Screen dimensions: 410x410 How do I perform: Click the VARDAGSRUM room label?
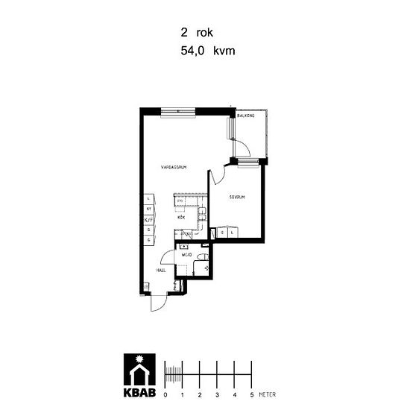[173, 168]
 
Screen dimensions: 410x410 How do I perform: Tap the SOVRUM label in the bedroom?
[238, 198]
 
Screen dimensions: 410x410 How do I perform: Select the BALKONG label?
[247, 116]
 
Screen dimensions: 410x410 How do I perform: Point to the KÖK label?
[181, 218]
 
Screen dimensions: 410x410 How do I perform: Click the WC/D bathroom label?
[188, 255]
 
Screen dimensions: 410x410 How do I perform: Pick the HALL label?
[160, 271]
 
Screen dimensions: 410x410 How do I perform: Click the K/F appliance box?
[148, 220]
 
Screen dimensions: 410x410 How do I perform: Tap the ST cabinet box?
[148, 209]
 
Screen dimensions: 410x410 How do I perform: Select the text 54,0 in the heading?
[192, 51]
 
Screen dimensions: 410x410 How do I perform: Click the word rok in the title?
[205, 33]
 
